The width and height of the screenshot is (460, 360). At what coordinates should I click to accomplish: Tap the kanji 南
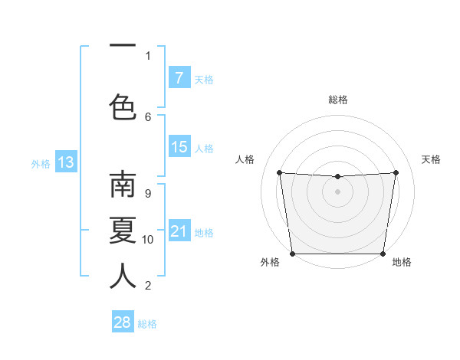click(123, 185)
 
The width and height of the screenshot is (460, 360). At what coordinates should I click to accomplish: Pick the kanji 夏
click(123, 231)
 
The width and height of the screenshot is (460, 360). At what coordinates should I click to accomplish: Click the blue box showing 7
click(179, 78)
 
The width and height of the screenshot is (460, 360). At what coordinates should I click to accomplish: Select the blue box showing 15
click(179, 147)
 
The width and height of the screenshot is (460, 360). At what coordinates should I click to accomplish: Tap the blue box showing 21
click(179, 231)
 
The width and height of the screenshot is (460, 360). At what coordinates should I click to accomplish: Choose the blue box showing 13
click(65, 162)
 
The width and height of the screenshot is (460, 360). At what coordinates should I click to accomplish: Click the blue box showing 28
click(123, 322)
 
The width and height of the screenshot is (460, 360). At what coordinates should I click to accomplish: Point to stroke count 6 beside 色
click(148, 116)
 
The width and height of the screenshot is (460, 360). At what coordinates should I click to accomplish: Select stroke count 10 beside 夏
click(148, 240)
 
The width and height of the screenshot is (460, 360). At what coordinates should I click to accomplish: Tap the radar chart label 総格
click(338, 100)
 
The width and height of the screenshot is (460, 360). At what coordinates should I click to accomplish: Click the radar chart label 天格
click(431, 159)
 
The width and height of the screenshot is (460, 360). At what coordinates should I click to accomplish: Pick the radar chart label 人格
click(245, 159)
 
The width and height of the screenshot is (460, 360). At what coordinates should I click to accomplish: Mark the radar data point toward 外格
click(292, 254)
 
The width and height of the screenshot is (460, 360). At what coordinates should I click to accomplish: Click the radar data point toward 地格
click(383, 254)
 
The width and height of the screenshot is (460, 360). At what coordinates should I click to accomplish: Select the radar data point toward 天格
click(396, 172)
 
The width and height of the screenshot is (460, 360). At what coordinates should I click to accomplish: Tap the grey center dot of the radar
click(337, 191)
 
